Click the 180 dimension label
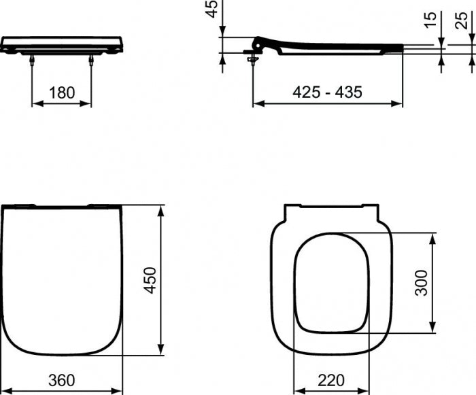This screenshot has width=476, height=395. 62,92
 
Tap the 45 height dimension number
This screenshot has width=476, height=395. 212,9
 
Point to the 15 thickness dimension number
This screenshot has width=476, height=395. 428,20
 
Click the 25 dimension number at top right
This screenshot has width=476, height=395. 462,20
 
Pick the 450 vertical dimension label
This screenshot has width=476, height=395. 150,279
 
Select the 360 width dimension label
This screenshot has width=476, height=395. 62,380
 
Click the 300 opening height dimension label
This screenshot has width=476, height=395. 422,283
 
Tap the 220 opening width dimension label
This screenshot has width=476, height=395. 331,380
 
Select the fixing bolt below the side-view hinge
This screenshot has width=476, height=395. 253,61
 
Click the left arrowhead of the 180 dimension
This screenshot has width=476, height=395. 36,104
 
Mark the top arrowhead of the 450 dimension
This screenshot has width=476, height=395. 161,209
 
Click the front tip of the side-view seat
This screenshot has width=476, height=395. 402,47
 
